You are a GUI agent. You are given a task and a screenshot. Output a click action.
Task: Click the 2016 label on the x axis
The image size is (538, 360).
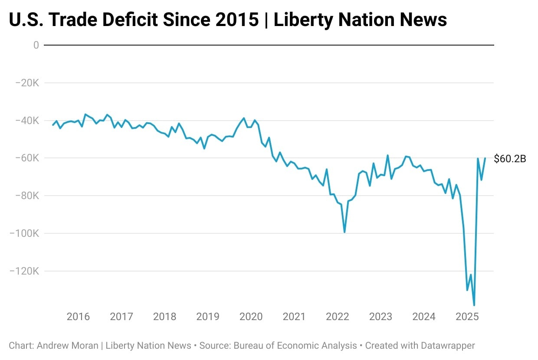(78, 317)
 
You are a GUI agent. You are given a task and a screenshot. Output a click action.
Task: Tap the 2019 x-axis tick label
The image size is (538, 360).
(208, 317)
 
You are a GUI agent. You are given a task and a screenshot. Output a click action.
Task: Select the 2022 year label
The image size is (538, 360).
(338, 317)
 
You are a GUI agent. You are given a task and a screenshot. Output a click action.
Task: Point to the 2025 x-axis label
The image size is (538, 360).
(467, 317)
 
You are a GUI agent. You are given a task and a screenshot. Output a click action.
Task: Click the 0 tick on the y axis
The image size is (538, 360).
(36, 45)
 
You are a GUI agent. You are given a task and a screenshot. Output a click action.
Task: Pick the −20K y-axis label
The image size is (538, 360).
(27, 83)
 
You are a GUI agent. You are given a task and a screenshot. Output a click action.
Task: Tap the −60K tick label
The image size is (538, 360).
(27, 158)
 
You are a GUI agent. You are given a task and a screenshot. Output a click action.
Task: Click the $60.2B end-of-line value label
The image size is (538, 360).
(510, 159)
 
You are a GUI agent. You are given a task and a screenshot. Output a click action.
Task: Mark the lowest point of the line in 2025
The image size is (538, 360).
(474, 305)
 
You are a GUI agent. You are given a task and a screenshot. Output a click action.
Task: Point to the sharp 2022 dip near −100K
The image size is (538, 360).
(344, 232)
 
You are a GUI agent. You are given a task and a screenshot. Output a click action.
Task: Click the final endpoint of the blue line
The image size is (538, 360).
(485, 158)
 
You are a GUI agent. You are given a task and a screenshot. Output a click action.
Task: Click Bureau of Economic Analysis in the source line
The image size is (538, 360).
(295, 346)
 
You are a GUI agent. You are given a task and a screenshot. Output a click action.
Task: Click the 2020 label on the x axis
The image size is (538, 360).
(251, 317)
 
